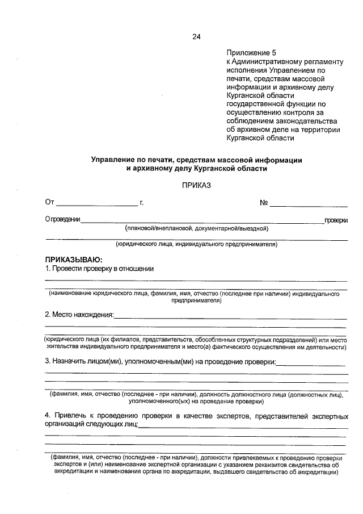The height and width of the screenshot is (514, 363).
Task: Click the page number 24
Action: coord(196,37)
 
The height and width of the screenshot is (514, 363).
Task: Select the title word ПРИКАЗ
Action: coord(196,185)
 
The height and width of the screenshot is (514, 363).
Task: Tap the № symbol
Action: coord(264,202)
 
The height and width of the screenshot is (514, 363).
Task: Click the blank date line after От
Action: coord(96,203)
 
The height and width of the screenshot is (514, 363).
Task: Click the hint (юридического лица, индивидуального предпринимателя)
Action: coord(196,245)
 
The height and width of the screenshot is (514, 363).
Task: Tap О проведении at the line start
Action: coord(62,220)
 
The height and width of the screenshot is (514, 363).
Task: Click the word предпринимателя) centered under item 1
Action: coord(196,301)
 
